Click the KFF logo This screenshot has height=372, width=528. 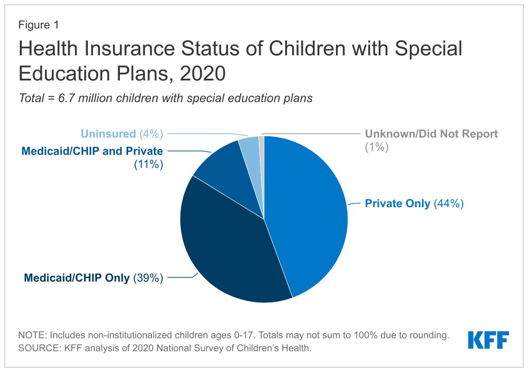click(x=488, y=340)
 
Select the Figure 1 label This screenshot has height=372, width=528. click(x=39, y=25)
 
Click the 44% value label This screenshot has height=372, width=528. click(x=449, y=203)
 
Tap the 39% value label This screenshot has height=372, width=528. click(x=148, y=278)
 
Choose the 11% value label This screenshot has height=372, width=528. click(x=148, y=164)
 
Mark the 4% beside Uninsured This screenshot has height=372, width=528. click(x=151, y=134)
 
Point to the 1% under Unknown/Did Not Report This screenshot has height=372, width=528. click(x=377, y=147)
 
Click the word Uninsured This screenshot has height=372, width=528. click(x=108, y=134)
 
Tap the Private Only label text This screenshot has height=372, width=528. click(x=397, y=204)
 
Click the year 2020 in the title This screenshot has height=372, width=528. click(x=203, y=73)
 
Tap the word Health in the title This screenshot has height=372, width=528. click(x=48, y=48)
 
